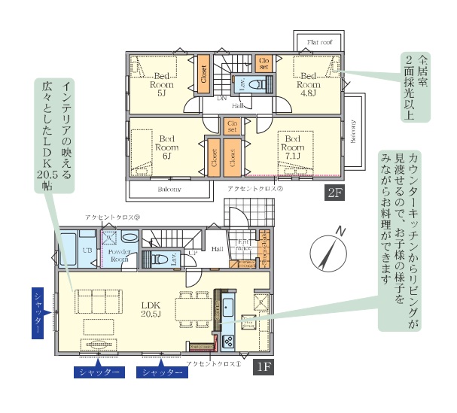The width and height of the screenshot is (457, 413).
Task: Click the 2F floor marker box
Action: coord(334,193)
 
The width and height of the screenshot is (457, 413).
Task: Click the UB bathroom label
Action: coord(66,249)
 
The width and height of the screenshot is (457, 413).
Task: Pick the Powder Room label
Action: coord(118,256)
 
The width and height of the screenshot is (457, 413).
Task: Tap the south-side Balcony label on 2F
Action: coord(169,190)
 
